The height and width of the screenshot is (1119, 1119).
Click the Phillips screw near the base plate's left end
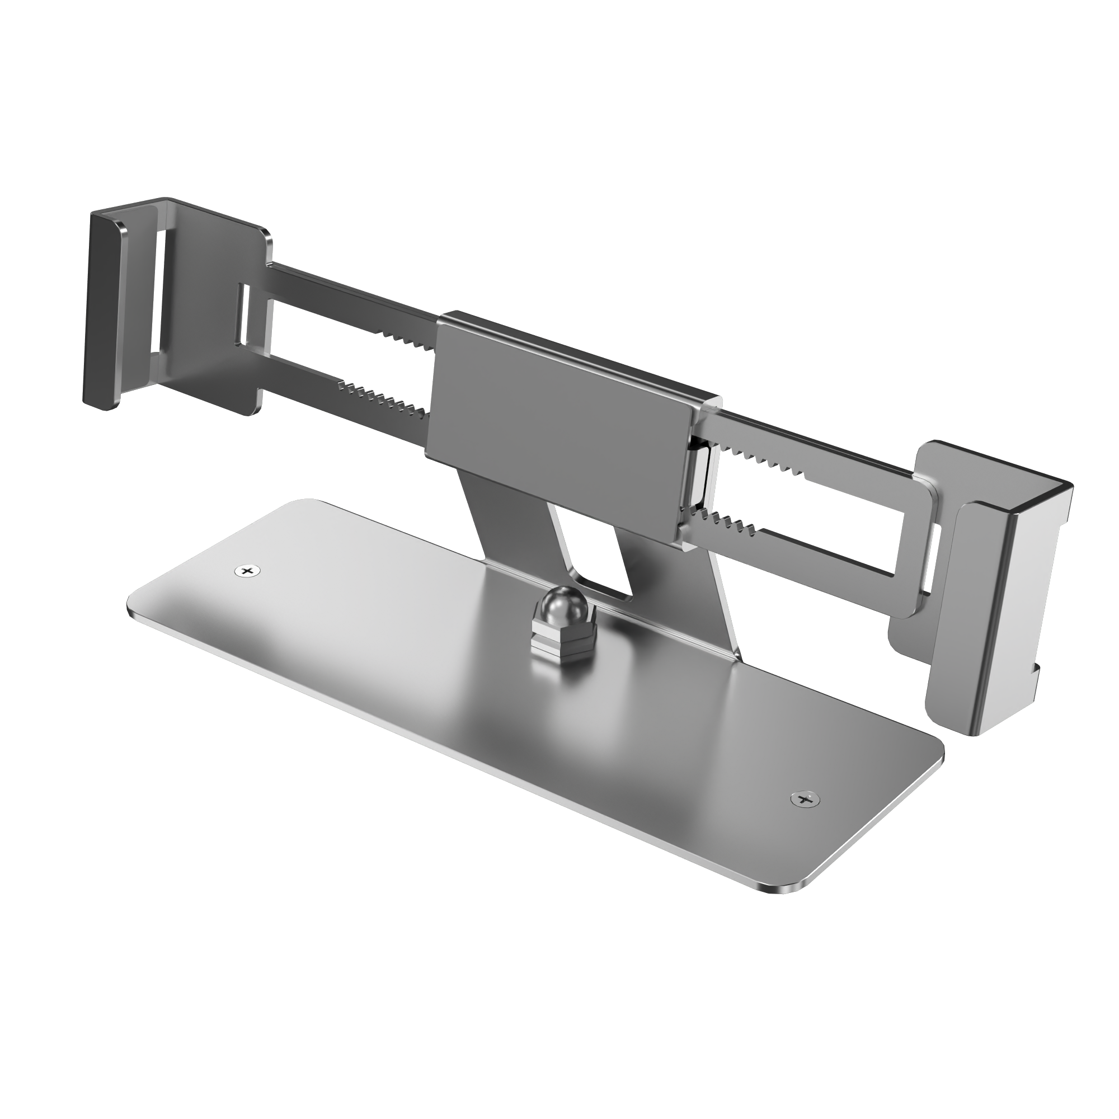click(247, 571)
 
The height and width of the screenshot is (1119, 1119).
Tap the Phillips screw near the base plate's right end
click(805, 800)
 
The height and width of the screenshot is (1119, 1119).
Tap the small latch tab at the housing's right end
click(701, 475)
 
